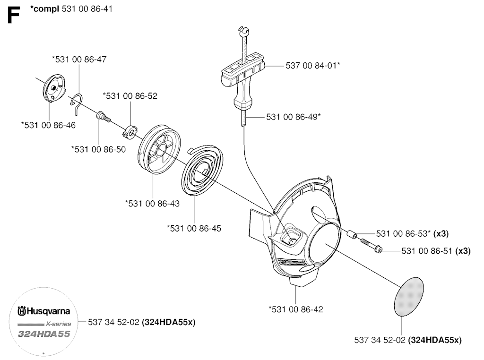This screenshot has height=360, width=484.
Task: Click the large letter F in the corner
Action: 13,16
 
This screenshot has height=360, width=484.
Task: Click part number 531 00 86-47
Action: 79,60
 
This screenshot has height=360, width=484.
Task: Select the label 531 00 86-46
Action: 48,125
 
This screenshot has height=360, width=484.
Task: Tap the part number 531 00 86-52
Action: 130,95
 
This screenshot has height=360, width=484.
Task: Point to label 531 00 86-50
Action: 98,149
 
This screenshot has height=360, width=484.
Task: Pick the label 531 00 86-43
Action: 152,203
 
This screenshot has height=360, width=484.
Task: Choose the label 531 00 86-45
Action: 194,228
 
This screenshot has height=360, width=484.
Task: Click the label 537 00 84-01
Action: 313,66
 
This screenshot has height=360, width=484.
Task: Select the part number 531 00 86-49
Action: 294,116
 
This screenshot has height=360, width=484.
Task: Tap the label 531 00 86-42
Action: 295,309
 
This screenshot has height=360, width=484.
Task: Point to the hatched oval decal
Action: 412,296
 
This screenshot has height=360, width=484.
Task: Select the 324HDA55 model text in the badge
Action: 44,334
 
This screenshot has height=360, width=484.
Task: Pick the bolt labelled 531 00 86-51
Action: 372,246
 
